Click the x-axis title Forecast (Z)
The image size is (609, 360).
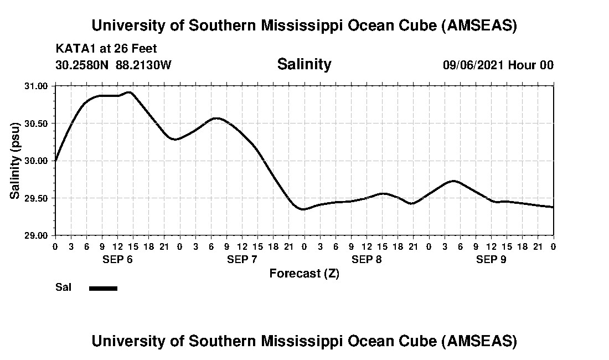click(304, 274)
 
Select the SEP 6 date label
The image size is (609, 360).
click(117, 259)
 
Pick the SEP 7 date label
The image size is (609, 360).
click(242, 259)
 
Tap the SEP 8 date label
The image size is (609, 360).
click(367, 259)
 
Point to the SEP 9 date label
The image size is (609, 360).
click(491, 259)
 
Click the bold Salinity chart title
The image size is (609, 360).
click(304, 64)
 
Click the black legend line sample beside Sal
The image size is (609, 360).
click(103, 288)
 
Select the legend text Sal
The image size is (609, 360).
click(63, 287)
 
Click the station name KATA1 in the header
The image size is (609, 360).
click(74, 49)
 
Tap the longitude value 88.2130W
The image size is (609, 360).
click(143, 65)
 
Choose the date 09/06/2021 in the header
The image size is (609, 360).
click(473, 65)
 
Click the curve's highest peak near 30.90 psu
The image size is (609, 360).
click(130, 92)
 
